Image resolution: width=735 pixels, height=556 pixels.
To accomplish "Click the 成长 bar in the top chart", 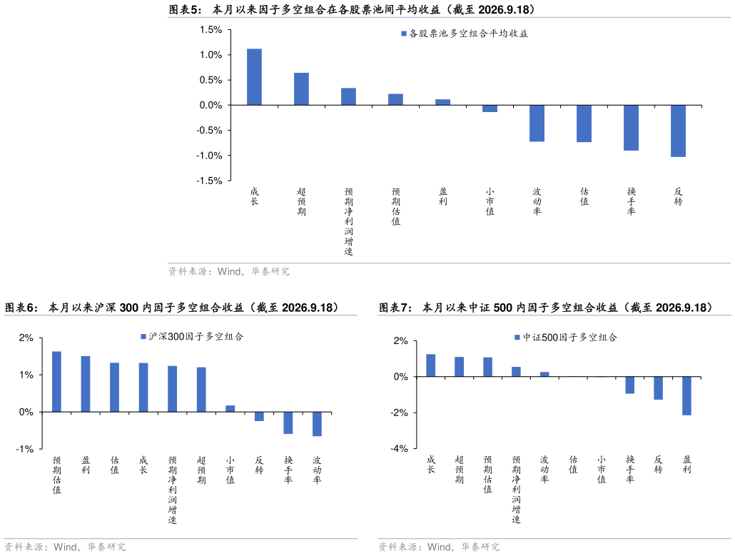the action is pos(254,77).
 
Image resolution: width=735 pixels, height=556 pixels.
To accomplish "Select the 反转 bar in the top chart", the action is pos(678,131).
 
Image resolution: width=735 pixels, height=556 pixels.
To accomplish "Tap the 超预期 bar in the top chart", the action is pos(301,89).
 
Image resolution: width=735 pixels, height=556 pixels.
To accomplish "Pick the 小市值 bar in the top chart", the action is pos(490,108).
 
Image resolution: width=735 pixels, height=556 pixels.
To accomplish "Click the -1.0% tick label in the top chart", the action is pos(209,156).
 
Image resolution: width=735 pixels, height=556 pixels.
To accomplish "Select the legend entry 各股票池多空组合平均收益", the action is pos(465,34).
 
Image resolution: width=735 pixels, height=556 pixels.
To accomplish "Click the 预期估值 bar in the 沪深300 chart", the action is pos(56,382).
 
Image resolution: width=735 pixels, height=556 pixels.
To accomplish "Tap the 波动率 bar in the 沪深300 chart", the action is pos(318,424).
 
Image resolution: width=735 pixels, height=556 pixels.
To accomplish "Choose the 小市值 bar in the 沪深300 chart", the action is pos(230,409).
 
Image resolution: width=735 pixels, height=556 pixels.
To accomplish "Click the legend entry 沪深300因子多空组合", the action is pos(192,337).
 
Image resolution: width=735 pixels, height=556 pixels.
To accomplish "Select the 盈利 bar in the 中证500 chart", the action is pos(686,395).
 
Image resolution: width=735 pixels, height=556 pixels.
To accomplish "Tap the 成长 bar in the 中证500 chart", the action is pos(431,365).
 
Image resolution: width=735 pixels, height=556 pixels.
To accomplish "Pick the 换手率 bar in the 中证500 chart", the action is pos(630,385).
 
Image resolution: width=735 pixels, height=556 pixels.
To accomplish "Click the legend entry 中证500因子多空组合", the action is pos(566,338).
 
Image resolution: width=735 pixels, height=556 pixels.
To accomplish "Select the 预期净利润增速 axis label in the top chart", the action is pos(349,221).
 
